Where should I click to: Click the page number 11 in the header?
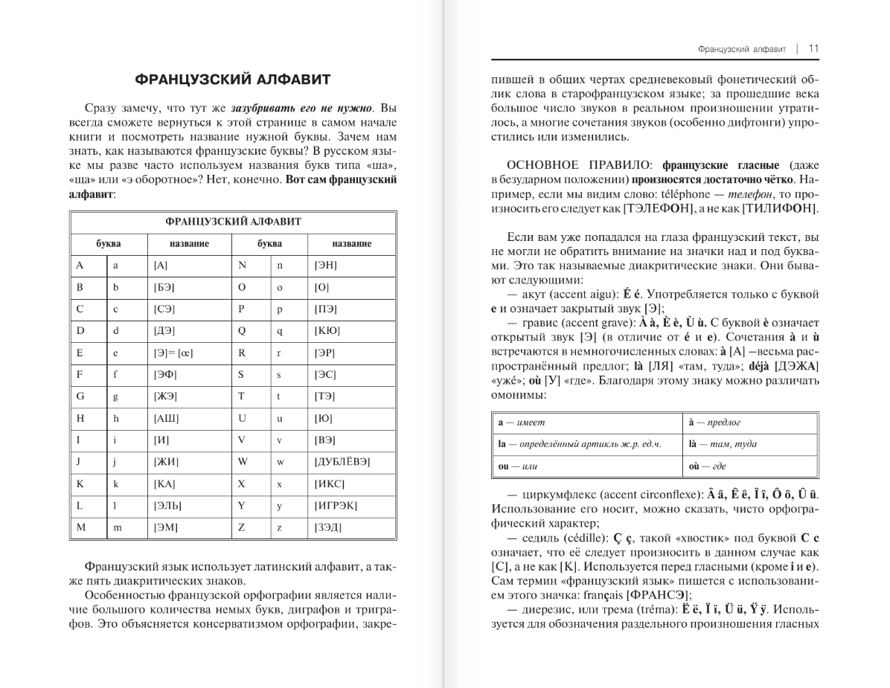pyautogui.click(x=813, y=49)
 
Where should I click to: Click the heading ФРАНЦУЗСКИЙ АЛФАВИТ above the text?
pyautogui.click(x=232, y=80)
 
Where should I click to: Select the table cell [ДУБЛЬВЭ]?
pyautogui.click(x=342, y=462)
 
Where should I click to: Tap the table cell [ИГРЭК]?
pyautogui.click(x=336, y=506)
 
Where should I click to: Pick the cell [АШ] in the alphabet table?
pyautogui.click(x=166, y=418)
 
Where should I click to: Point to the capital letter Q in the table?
pyautogui.click(x=241, y=330)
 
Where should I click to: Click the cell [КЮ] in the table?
pyautogui.click(x=327, y=330)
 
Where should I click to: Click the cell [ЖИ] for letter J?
pyautogui.click(x=166, y=462)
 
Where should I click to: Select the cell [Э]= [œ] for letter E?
pyautogui.click(x=173, y=353)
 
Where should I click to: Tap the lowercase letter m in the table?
pyautogui.click(x=116, y=527)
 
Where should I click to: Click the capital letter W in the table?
pyautogui.click(x=242, y=462)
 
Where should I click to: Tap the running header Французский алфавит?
pyautogui.click(x=742, y=49)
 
